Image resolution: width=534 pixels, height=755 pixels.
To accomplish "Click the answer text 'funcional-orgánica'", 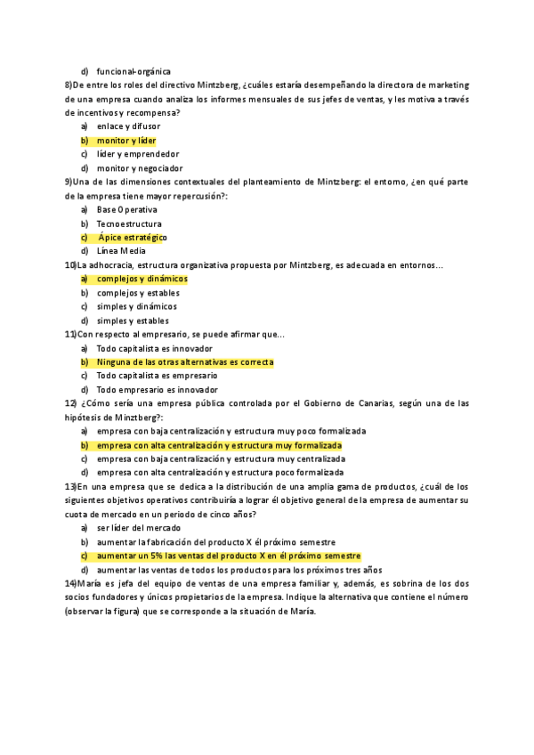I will [x=133, y=71].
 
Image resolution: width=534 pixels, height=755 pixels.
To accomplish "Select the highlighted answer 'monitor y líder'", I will [x=126, y=141].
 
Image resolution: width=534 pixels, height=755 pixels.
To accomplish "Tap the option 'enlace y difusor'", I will [x=128, y=127].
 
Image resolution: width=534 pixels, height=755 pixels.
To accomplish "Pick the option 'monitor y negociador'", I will [x=140, y=167].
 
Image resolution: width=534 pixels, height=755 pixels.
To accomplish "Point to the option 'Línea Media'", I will [x=121, y=251].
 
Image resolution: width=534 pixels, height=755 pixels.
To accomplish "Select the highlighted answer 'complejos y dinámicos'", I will [x=142, y=279].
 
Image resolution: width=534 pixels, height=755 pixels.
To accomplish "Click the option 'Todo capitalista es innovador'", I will [x=154, y=348].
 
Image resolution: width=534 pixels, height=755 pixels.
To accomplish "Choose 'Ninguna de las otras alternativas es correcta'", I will [x=185, y=362].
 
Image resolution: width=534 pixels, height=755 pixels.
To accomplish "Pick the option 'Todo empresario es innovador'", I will [x=157, y=389].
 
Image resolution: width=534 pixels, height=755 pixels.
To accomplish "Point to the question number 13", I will [x=70, y=486].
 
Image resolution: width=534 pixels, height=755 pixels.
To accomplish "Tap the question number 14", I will [x=70, y=583].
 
